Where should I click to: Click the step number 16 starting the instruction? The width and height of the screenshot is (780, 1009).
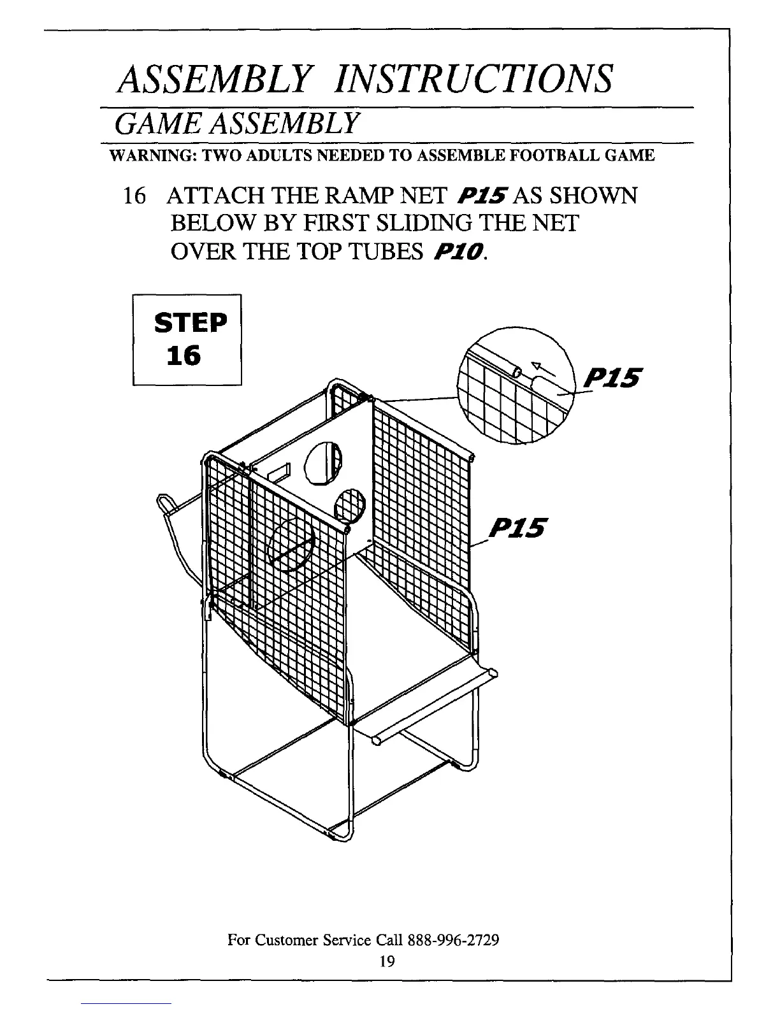(x=134, y=195)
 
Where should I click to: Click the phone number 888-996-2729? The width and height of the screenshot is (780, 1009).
(x=456, y=940)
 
